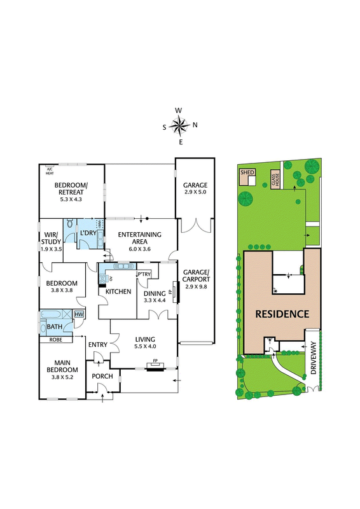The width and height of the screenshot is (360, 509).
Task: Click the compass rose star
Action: [x=179, y=125]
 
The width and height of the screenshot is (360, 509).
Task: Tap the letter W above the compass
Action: [x=179, y=110]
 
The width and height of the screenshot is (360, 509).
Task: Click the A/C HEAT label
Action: [x=50, y=171]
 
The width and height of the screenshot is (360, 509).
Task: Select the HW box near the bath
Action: [x=79, y=314]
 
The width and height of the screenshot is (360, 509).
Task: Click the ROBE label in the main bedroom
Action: [x=55, y=340]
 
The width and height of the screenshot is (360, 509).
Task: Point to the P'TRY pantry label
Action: [x=144, y=274]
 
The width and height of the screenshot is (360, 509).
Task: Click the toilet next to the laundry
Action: [x=71, y=224]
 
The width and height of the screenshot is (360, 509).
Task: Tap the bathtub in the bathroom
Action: [x=51, y=314]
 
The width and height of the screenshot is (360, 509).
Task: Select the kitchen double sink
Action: [x=123, y=266]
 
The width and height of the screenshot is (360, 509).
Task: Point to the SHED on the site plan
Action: [x=247, y=177]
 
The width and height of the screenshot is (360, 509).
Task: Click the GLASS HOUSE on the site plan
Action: [x=275, y=179]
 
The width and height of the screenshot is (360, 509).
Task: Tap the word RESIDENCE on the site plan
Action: [x=282, y=314]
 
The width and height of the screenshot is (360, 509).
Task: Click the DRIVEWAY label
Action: [x=314, y=358]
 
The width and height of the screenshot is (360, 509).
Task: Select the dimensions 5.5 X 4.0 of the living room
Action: [x=145, y=346]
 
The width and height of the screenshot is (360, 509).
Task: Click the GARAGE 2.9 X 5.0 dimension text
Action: [x=195, y=192]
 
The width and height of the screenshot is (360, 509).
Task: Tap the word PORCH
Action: [x=102, y=376]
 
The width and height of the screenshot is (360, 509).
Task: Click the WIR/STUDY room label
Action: [x=51, y=238]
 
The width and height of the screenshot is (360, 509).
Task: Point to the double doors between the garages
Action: [x=195, y=226]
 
